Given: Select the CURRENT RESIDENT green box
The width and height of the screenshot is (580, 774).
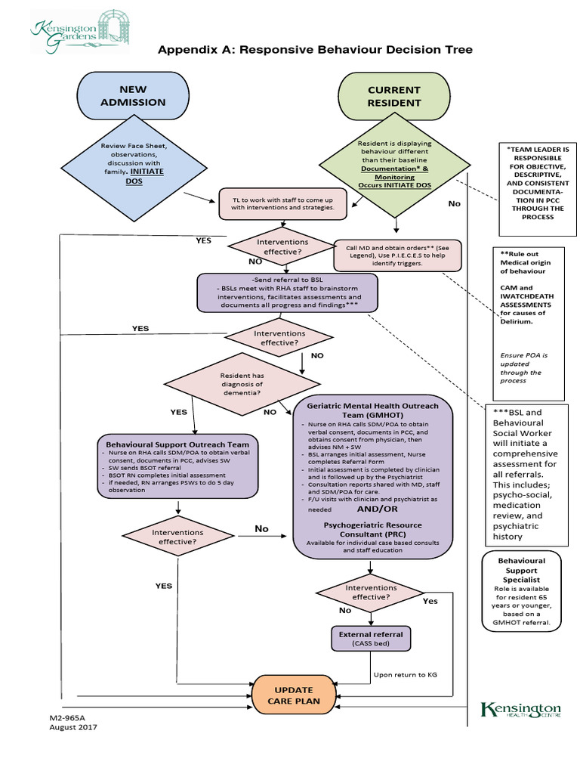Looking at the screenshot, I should pyautogui.click(x=393, y=96).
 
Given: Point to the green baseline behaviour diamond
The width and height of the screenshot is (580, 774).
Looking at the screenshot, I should pyautogui.click(x=393, y=166).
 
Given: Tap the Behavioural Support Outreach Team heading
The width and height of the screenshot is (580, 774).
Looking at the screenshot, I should pyautogui.click(x=178, y=444).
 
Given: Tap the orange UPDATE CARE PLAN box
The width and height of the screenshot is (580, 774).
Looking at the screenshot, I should pyautogui.click(x=293, y=695).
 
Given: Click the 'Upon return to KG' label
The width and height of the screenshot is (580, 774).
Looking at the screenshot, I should pyautogui.click(x=405, y=674).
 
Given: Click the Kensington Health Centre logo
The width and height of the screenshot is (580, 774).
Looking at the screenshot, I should pyautogui.click(x=521, y=711).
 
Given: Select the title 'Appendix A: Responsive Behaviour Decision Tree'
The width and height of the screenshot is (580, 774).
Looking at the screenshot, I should pyautogui.click(x=315, y=50).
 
